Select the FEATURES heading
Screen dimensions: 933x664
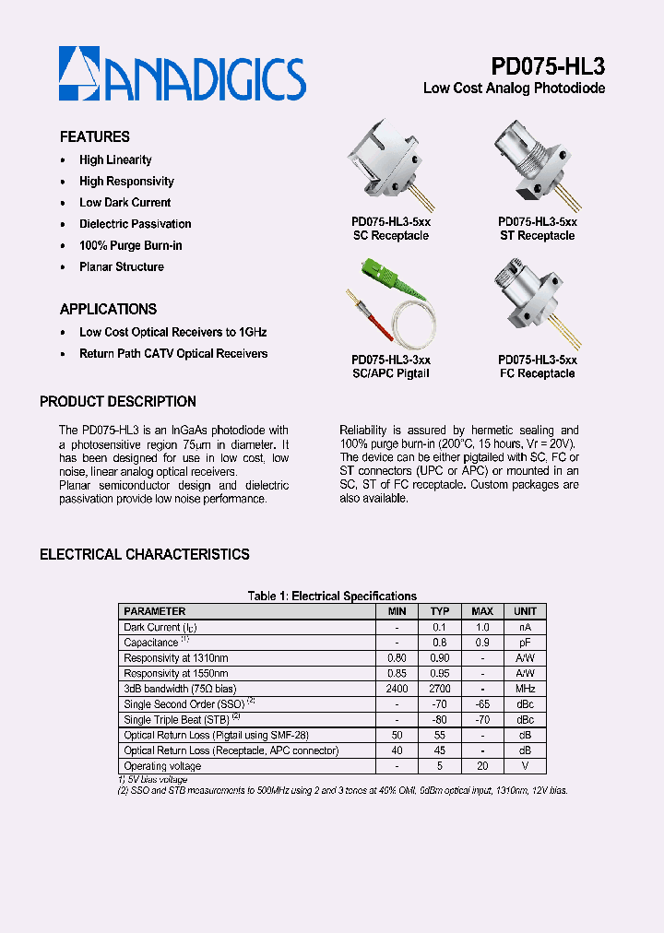point(94,136)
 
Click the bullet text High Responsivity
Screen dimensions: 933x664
point(126,182)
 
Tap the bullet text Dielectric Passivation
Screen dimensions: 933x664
point(135,224)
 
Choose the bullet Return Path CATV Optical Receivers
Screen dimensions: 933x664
point(173,353)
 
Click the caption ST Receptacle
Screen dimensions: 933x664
point(538,236)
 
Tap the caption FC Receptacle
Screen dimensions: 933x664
point(538,373)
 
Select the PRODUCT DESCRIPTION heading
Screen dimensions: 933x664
point(118,402)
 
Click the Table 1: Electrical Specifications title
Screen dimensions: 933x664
point(332,596)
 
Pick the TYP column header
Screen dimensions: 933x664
point(440,611)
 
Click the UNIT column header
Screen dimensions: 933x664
point(525,611)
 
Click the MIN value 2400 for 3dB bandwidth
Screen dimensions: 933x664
point(397,689)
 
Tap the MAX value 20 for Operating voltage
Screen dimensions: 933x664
point(482,766)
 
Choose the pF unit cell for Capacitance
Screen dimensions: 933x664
point(525,643)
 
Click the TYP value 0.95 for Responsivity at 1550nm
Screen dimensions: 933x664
point(440,673)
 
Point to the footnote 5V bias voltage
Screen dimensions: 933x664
point(155,780)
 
